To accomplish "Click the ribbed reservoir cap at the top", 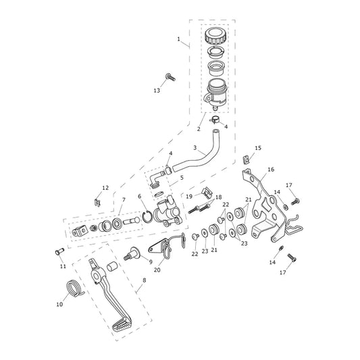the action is (215, 36).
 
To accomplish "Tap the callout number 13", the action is (157, 91).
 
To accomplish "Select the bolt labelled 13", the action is (170, 77).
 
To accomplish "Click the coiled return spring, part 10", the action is (74, 288).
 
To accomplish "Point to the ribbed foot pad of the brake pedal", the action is (122, 326).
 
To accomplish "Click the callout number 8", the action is (144, 280).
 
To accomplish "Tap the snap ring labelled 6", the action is (147, 217).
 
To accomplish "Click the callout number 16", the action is (271, 170).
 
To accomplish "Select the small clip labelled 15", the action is (246, 159).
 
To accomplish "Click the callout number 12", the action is (105, 188).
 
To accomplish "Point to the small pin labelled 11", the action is (59, 252).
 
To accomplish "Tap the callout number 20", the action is (157, 270).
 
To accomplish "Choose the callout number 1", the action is (178, 39).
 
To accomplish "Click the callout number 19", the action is (189, 197).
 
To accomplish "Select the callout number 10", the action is (59, 305).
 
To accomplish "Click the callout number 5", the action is (182, 178).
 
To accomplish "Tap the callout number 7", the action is (124, 200).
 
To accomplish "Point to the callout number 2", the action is (199, 129).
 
